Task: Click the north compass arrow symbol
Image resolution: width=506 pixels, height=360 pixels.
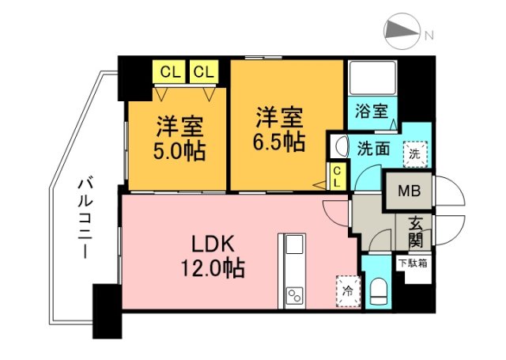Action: tap(403, 32)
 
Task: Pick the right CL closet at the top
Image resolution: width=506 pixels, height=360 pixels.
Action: tap(203, 72)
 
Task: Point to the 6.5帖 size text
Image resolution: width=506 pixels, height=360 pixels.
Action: tap(280, 142)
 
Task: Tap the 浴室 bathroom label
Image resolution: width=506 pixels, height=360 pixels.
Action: tap(371, 111)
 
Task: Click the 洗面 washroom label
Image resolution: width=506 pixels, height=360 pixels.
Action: tap(372, 147)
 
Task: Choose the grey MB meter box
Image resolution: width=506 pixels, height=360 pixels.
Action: tap(409, 191)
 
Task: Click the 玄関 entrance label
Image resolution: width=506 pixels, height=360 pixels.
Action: tap(415, 230)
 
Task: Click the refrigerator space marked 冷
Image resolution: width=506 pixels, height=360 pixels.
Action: tap(346, 289)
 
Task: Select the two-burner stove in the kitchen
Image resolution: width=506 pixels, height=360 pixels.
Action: tap(293, 296)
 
